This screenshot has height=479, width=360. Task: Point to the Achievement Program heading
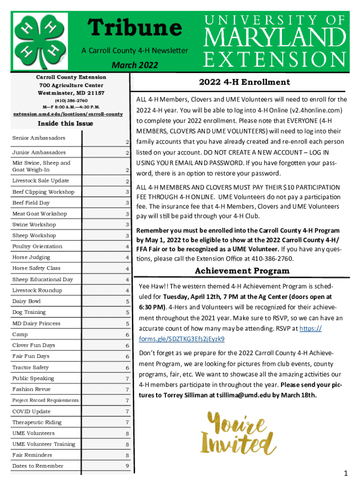pyautogui.click(x=242, y=271)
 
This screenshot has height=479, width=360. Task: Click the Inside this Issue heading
pyautogui.click(x=65, y=123)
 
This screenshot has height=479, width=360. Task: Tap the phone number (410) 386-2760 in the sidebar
pyautogui.click(x=72, y=101)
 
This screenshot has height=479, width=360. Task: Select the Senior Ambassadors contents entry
pyautogui.click(x=39, y=138)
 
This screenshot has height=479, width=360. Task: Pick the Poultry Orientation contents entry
pyautogui.click(x=37, y=247)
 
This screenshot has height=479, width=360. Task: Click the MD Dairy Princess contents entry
pyautogui.click(x=36, y=323)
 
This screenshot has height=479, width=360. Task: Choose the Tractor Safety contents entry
pyautogui.click(x=30, y=367)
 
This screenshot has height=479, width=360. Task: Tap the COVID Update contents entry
pyautogui.click(x=31, y=411)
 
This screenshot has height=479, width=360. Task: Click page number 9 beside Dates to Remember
pyautogui.click(x=127, y=466)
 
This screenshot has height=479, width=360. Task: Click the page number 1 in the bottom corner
pyautogui.click(x=346, y=473)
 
